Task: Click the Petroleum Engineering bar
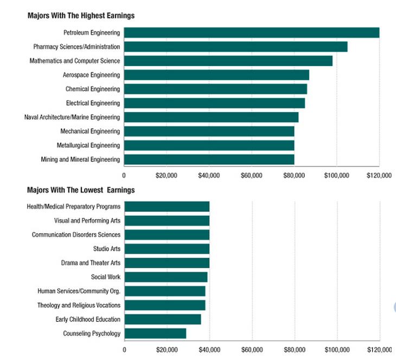(252, 33)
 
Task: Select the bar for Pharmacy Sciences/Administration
(235, 47)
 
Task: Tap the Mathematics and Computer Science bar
(228, 61)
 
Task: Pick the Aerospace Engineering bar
(216, 75)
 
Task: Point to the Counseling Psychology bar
(155, 333)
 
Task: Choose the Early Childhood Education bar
(163, 319)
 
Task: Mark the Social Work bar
(166, 277)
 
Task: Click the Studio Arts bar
(167, 249)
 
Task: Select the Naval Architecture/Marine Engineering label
(72, 118)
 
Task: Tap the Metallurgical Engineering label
(88, 145)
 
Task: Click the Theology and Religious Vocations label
(79, 305)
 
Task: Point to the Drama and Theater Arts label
(91, 263)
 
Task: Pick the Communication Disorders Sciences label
(76, 235)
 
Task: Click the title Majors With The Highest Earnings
(81, 16)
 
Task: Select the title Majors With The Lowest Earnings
(81, 190)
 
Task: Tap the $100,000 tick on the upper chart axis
(337, 176)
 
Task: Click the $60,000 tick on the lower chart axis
(252, 350)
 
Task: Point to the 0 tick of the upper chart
(124, 176)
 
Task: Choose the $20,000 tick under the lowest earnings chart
(167, 350)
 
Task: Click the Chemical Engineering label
(93, 89)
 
